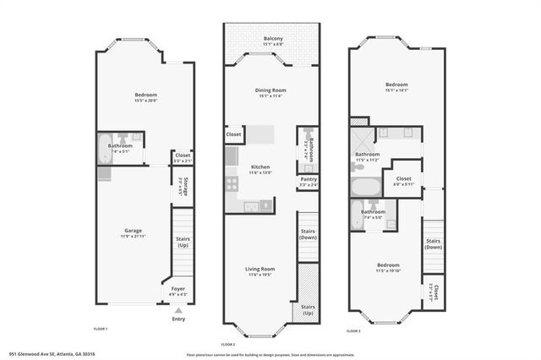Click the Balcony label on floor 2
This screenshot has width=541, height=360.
pos(272,38)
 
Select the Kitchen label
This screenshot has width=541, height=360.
pos(260,166)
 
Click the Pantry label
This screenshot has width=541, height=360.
pos(308,179)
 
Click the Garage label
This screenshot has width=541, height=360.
pos(133,230)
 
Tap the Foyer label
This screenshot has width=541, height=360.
pos(178,289)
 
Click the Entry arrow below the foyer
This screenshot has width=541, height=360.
pos(178,310)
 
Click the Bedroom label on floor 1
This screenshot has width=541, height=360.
pos(146,95)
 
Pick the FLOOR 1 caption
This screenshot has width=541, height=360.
pos(101,328)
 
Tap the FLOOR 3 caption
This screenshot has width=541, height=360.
pos(353,331)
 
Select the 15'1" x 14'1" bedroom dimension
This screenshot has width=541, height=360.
pos(396,90)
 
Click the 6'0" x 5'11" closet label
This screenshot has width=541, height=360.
pos(403,183)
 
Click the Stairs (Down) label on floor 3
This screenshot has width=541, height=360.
pos(433,243)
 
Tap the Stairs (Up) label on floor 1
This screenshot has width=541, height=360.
pos(183,242)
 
